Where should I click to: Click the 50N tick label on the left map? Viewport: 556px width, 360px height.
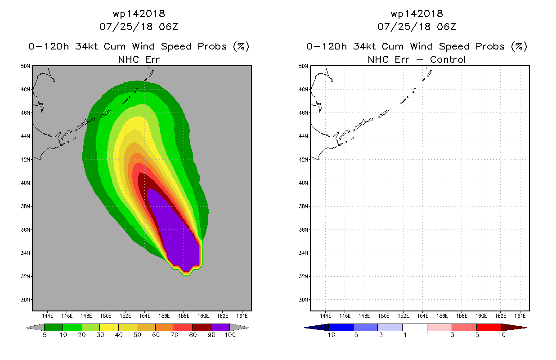coord(25,66)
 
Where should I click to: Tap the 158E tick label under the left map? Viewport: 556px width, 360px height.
coord(184,316)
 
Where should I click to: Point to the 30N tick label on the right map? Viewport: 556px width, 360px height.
coord(303,300)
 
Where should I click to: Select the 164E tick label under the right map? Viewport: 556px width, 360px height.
coord(520,316)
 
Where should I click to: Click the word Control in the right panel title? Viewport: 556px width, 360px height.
coord(448,60)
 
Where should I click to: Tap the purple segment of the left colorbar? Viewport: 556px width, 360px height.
coord(220,328)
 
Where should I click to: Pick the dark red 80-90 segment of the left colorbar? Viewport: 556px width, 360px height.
coord(202,328)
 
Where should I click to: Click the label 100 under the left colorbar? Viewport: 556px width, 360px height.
coord(230,335)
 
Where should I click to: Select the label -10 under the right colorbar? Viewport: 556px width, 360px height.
coord(329,335)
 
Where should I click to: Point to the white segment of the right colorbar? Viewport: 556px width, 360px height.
coord(414,328)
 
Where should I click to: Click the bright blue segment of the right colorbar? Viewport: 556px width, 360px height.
coord(341,328)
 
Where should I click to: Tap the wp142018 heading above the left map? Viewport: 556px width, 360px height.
coord(139,14)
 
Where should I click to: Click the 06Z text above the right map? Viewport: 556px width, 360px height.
coord(447,27)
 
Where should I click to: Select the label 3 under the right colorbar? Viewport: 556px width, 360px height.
coord(452,335)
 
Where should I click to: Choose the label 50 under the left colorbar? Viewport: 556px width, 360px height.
coord(137,335)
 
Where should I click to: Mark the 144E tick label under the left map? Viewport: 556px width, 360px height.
coord(47,316)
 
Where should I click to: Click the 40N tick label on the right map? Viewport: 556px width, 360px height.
coord(303,183)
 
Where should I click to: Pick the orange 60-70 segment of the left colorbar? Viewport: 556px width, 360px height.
coord(165,328)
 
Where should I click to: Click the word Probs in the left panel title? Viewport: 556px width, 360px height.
coord(212,46)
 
